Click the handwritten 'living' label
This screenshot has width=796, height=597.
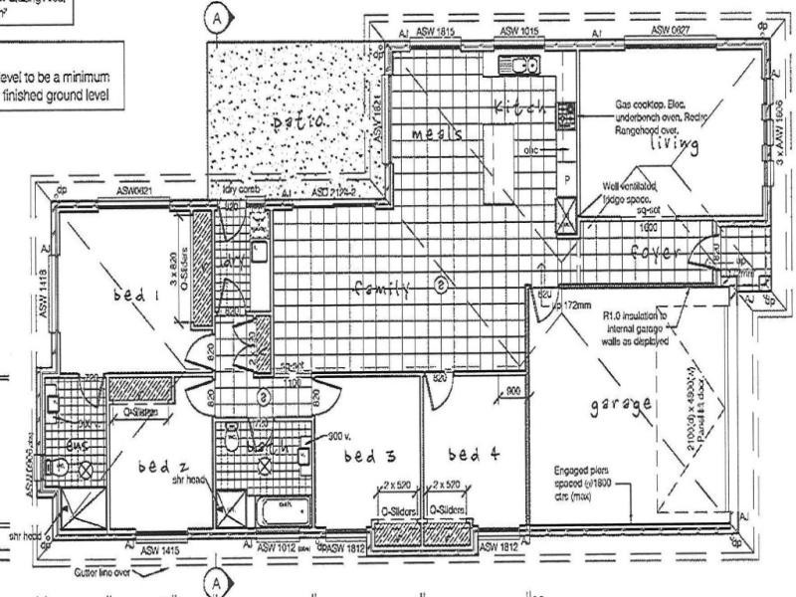671,145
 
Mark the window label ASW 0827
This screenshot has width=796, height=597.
673,31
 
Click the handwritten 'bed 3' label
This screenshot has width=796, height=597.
370,457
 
